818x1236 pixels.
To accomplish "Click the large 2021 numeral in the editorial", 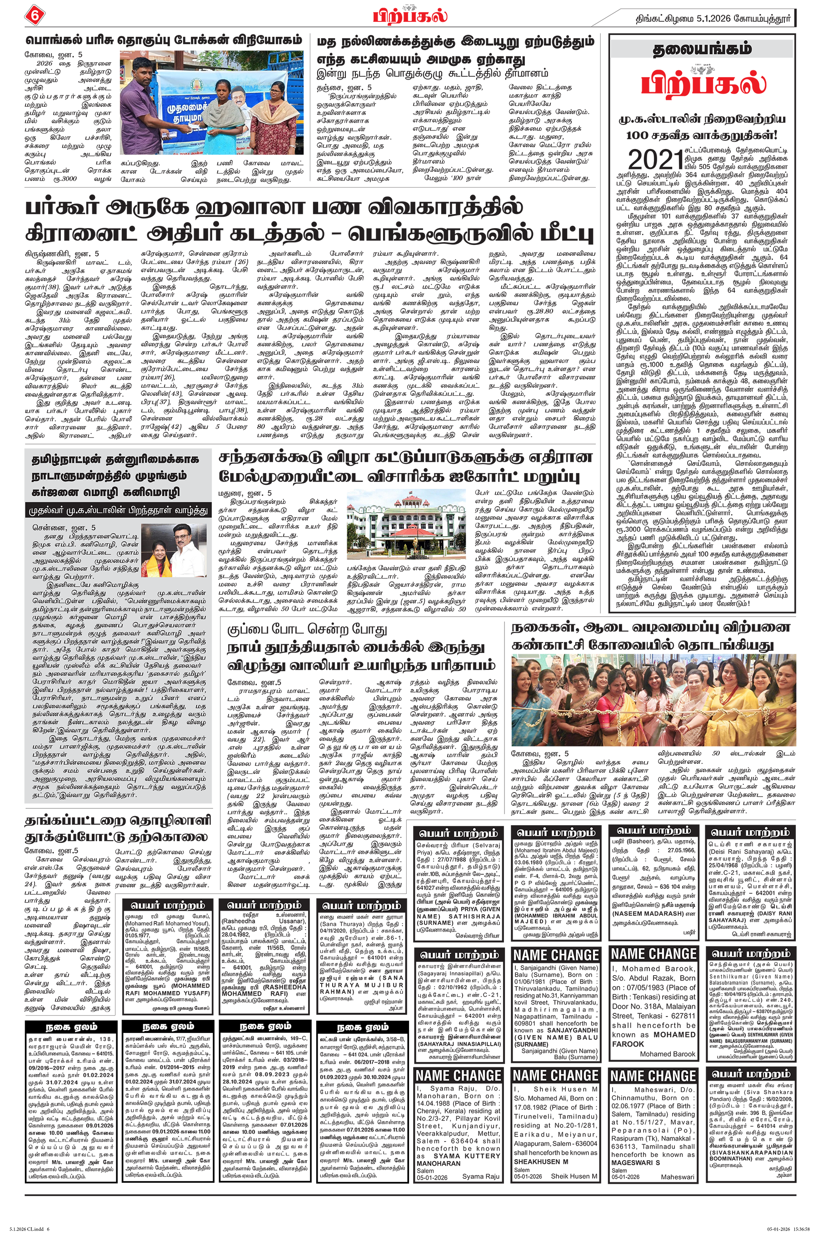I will point(655,159).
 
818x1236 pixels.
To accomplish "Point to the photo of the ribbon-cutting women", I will point(653,699).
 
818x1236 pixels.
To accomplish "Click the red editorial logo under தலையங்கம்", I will point(703,82).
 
